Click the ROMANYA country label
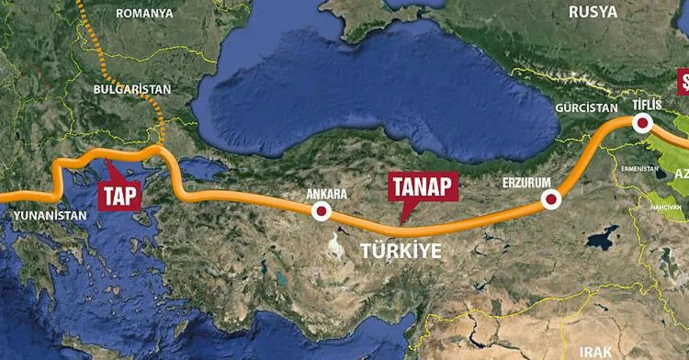coord(144,13)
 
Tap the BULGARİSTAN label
coord(132,89)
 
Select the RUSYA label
coord(593,11)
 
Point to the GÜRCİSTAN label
coord(587,108)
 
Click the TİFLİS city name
coord(647,104)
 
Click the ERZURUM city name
coord(527,182)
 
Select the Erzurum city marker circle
coord(551,200)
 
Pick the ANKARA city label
coord(327,194)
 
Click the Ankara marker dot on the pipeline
coord(321,211)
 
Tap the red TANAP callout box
coord(423,187)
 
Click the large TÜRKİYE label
coord(401,251)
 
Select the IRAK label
coord(596,351)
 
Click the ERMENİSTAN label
coord(639,168)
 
